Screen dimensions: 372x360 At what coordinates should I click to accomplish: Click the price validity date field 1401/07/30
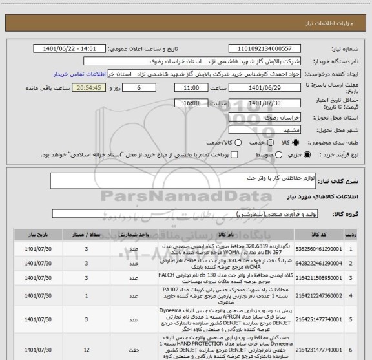tap(265, 103)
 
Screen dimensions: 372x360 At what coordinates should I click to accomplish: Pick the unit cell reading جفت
tap(133, 348)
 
